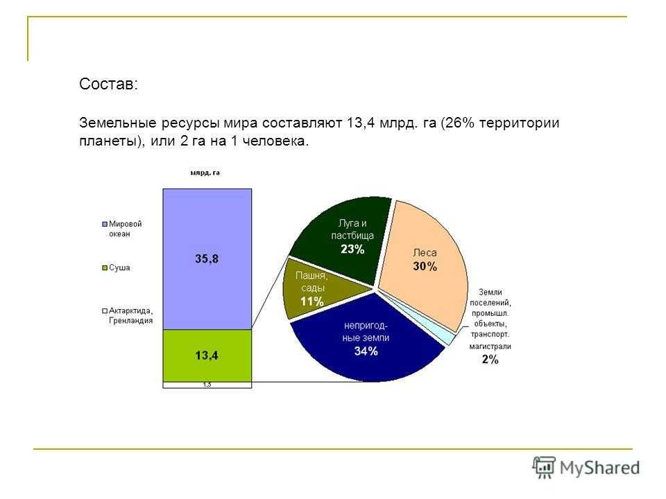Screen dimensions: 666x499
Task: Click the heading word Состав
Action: coord(108,84)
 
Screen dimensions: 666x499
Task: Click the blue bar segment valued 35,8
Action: coord(207,259)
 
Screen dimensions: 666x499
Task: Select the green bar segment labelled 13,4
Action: coord(207,356)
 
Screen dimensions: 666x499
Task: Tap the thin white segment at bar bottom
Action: coord(207,385)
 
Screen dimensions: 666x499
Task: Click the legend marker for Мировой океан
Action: coord(105,224)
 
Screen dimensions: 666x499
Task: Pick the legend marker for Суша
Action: coord(105,268)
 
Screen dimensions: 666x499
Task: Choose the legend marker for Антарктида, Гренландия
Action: coord(105,310)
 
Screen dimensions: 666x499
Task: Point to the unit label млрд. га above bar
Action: coord(205,173)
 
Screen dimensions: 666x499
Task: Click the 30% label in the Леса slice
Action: coord(425,266)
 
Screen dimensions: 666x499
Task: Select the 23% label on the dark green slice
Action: coord(352,249)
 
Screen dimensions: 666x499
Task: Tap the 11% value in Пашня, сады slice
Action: coord(311,301)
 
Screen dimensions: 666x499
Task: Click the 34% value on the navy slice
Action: coord(366,351)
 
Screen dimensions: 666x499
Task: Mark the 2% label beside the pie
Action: coord(490,360)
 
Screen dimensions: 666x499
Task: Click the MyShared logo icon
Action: coord(544,468)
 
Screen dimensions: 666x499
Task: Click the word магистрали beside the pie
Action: coord(490,347)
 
